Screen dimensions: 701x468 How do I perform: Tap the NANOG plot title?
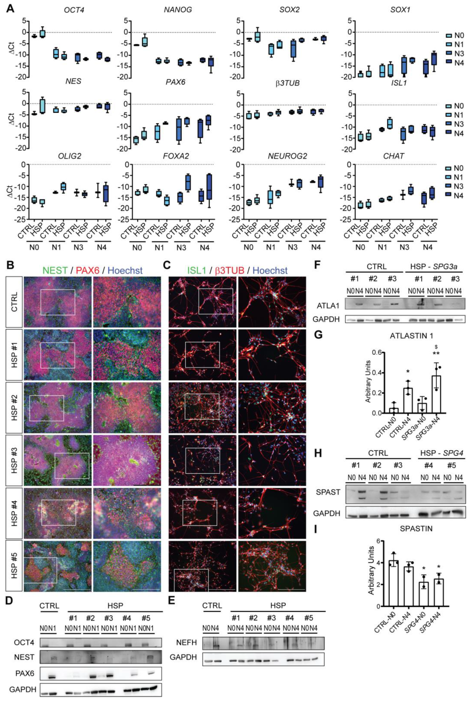click(178, 10)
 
